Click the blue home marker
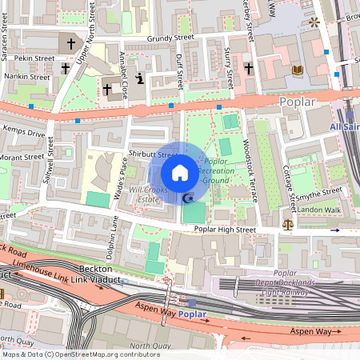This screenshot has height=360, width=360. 180,173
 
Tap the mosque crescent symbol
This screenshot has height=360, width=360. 189,198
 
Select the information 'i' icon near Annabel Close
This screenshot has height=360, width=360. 140,78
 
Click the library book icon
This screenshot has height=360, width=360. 298,70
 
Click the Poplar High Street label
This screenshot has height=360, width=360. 225,230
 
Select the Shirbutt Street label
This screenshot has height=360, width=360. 152,154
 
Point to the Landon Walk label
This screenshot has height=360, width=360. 320,210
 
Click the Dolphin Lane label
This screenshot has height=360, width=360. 114,239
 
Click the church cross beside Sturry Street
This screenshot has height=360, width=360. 249,70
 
